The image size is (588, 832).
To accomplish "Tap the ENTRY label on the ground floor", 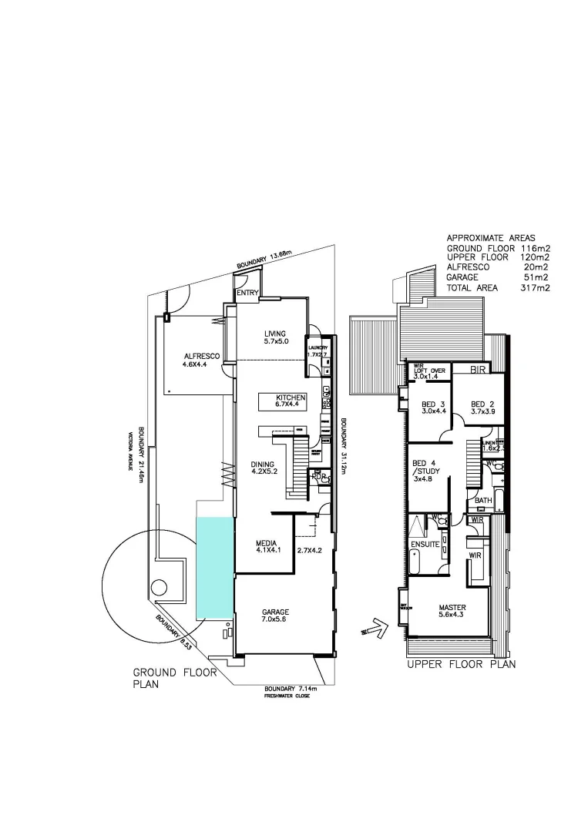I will pos(247,293).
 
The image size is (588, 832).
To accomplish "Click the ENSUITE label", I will pos(425,545).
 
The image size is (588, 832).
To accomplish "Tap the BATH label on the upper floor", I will pos(483,501).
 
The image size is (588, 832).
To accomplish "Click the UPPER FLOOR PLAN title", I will pos(461,663).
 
